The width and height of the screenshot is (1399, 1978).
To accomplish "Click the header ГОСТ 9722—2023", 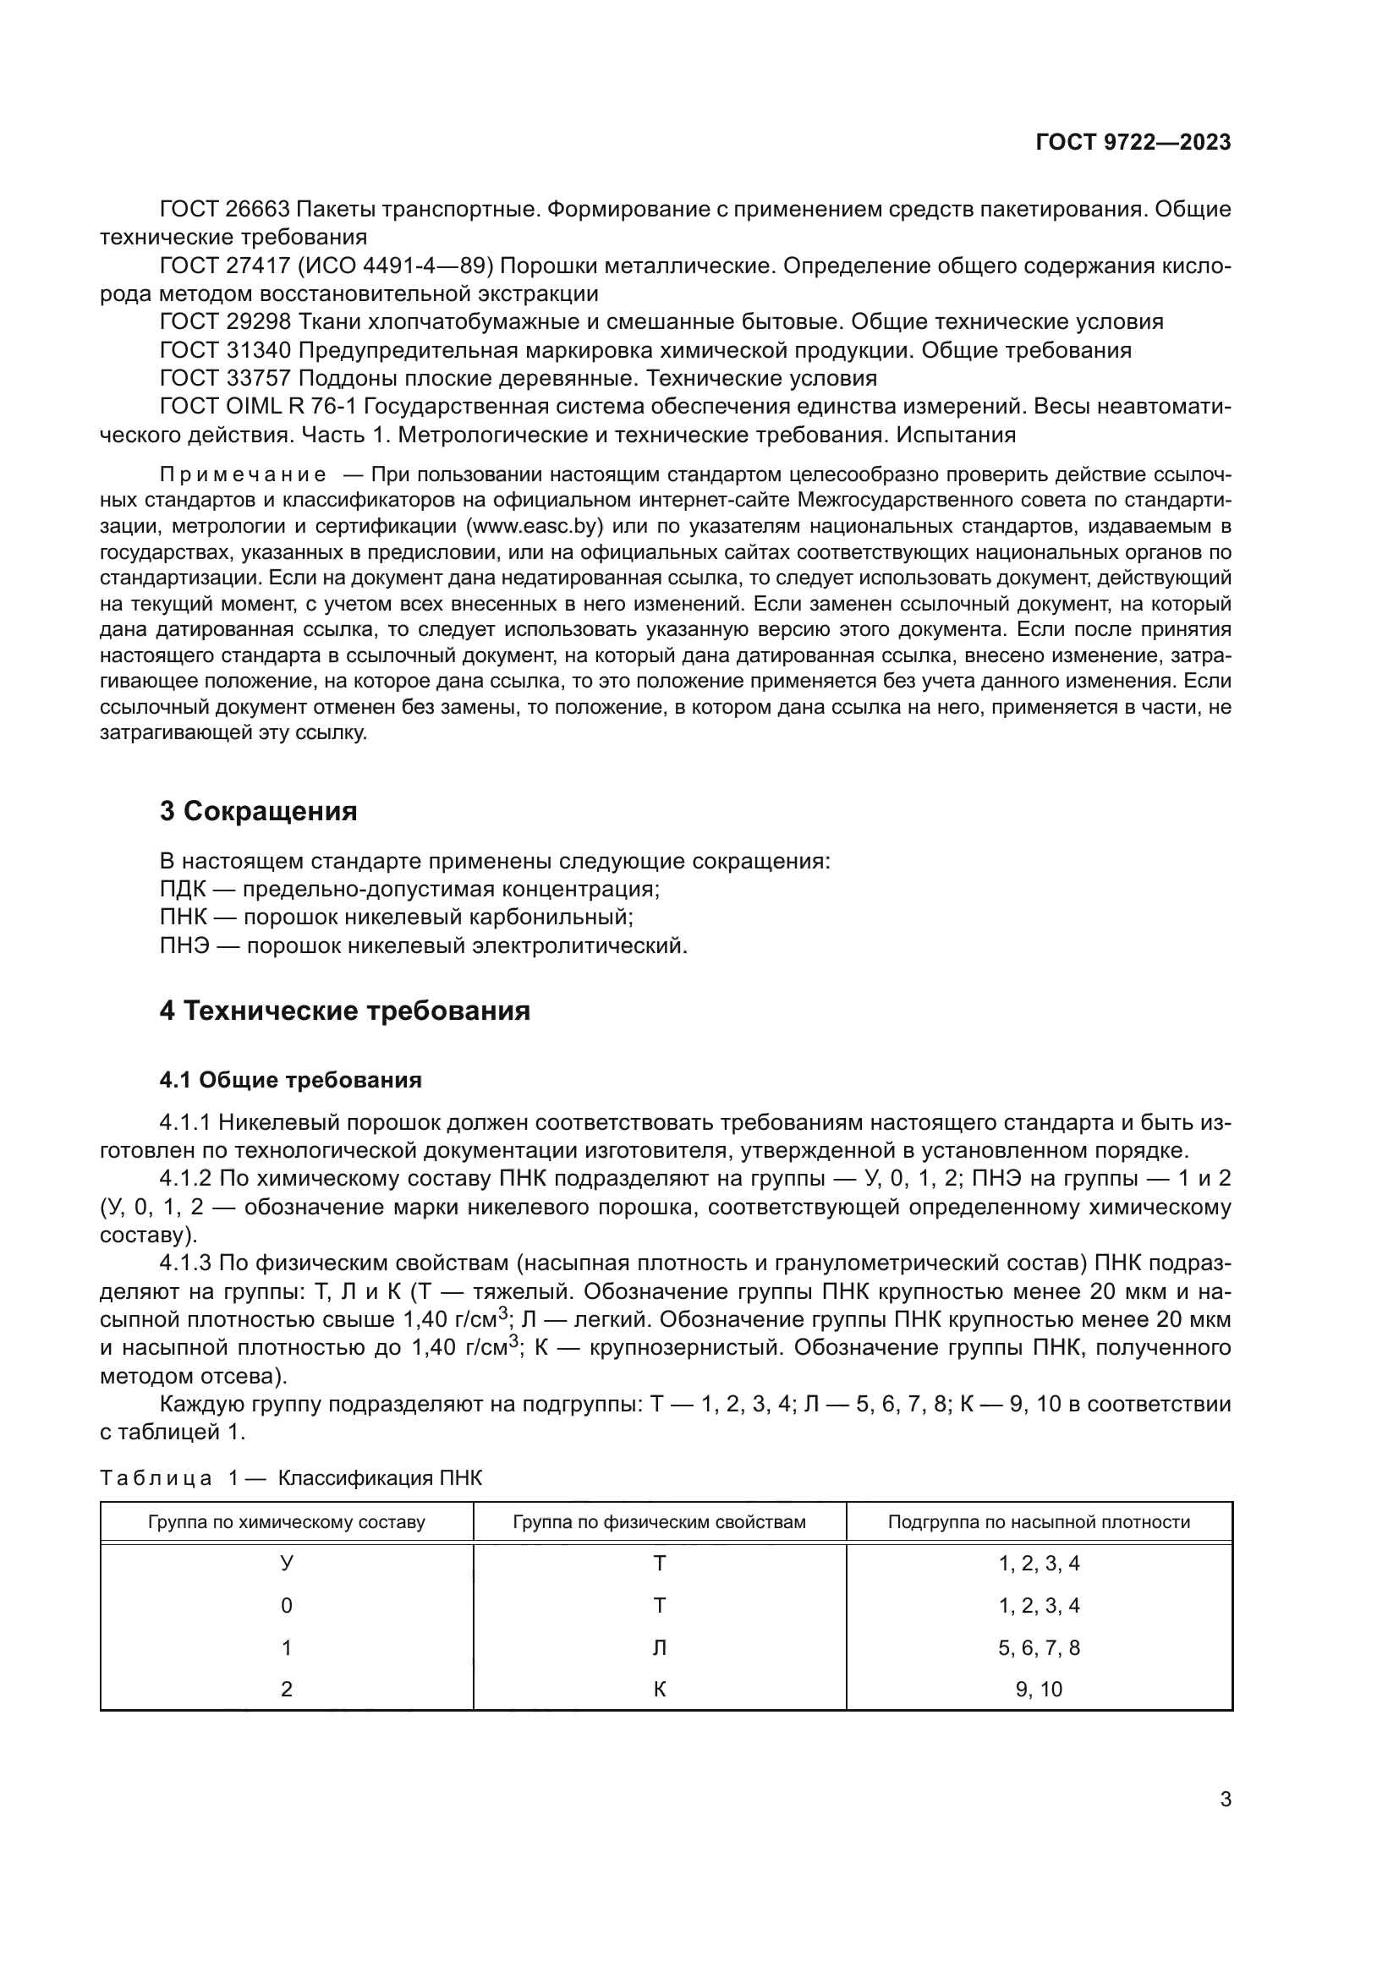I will pyautogui.click(x=1133, y=143).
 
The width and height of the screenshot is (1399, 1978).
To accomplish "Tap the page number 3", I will pyautogui.click(x=1225, y=1800).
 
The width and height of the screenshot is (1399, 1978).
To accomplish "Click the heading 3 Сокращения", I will pyautogui.click(x=258, y=812).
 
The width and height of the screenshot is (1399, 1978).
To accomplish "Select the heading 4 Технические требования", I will pyautogui.click(x=344, y=1011).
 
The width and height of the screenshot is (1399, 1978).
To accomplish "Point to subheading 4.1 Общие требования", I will pyautogui.click(x=290, y=1080).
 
